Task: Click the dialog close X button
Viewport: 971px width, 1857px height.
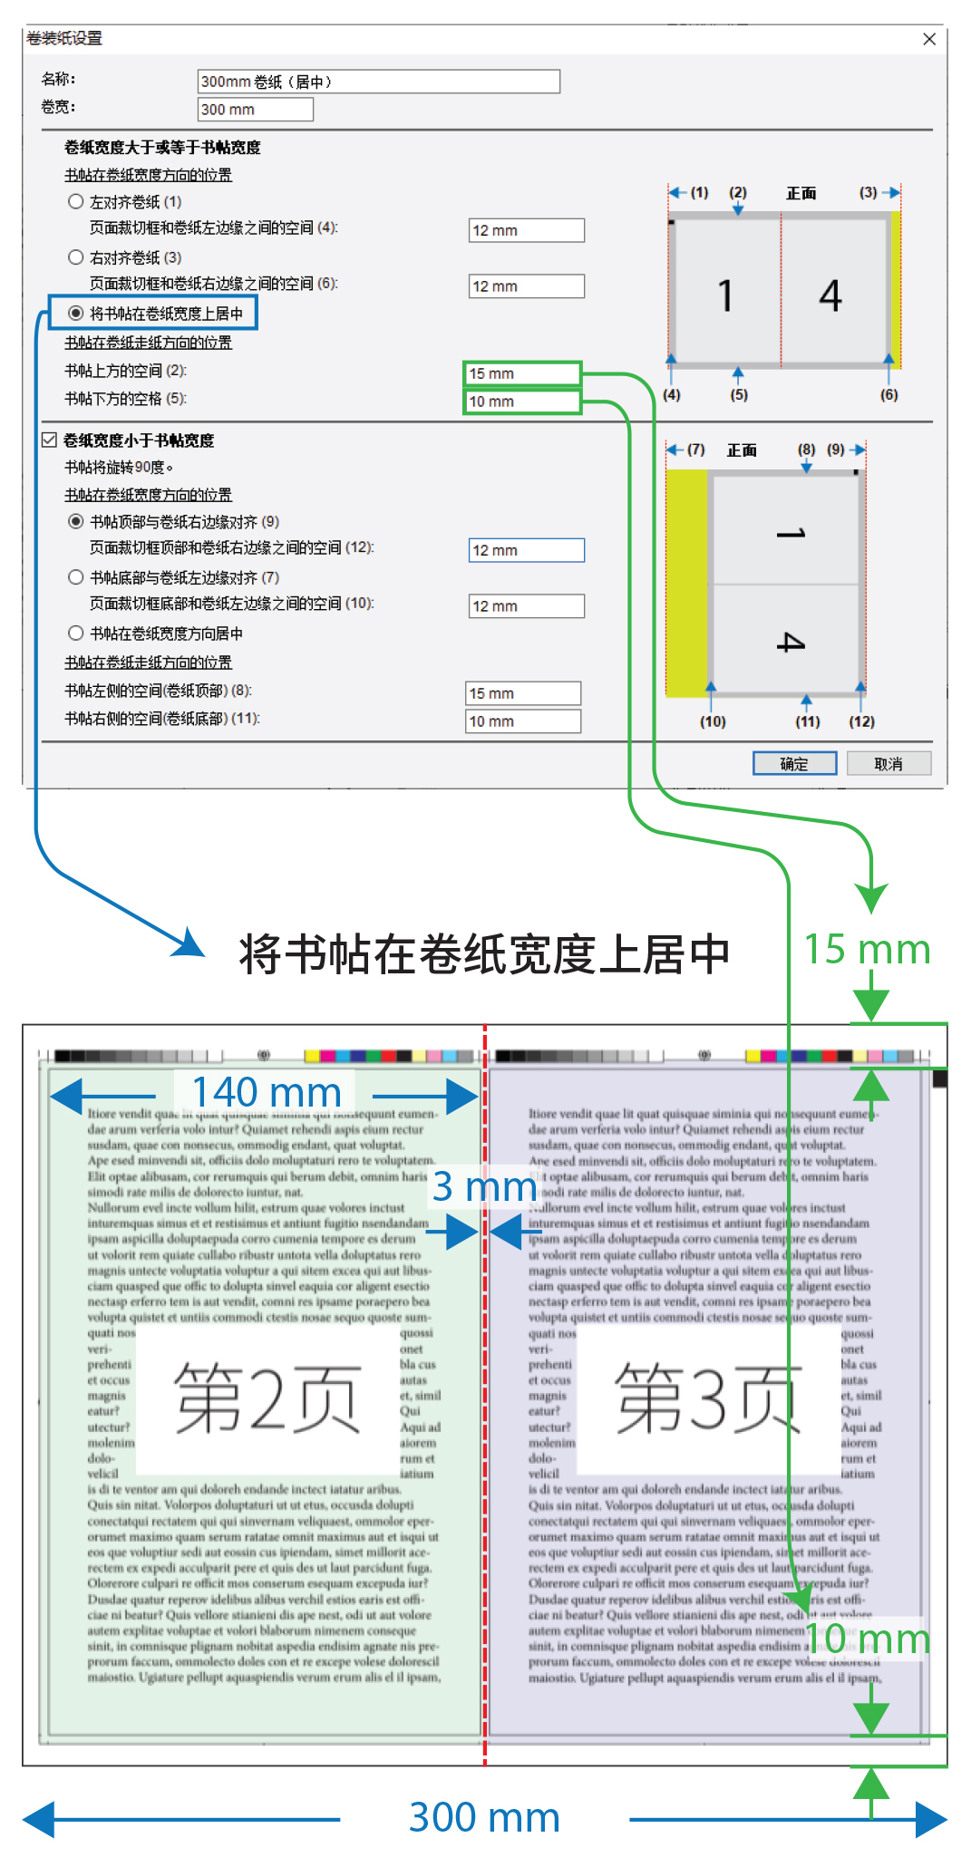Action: [x=928, y=39]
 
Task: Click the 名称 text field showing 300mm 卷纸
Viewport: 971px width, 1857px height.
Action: [x=378, y=82]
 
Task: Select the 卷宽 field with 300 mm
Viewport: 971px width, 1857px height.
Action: [x=255, y=110]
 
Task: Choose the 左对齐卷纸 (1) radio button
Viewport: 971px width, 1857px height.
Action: [x=76, y=201]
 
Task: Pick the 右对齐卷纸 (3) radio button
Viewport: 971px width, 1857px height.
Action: [x=76, y=257]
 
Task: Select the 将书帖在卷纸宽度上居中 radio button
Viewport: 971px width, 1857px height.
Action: [x=76, y=314]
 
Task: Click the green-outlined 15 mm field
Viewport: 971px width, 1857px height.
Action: [x=521, y=373]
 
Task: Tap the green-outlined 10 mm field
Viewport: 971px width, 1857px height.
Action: [x=521, y=401]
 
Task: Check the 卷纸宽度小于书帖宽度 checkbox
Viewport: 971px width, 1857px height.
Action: [x=50, y=440]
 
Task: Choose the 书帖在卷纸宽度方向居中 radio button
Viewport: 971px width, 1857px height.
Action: [x=76, y=633]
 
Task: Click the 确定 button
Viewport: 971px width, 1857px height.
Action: [x=794, y=764]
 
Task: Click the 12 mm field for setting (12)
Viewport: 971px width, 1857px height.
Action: [x=526, y=550]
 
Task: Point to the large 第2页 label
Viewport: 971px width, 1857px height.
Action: [x=267, y=1399]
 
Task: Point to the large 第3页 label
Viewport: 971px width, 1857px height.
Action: [x=708, y=1399]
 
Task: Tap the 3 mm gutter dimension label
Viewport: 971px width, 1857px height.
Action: [x=484, y=1187]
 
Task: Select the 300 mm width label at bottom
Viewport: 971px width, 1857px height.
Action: [x=484, y=1817]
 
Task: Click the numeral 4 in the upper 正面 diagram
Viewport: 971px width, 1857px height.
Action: [x=830, y=295]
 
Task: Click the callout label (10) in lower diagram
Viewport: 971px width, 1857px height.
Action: [x=713, y=721]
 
